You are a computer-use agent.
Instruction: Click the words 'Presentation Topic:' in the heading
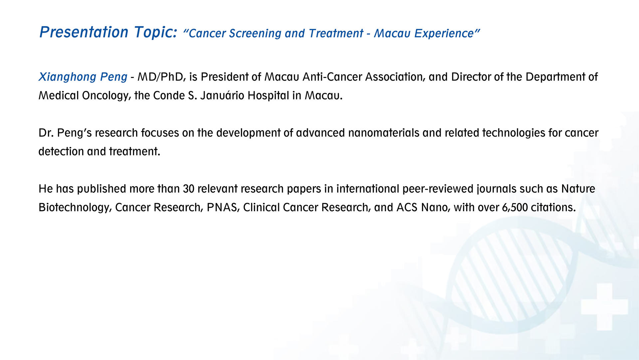point(108,32)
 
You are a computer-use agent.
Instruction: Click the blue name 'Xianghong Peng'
point(83,77)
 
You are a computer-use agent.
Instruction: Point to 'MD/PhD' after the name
point(161,77)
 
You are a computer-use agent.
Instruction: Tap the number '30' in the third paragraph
point(188,189)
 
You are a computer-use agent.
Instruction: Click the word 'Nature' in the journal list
point(578,189)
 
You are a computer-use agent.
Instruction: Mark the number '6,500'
point(515,208)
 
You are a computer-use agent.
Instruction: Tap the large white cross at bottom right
point(604,306)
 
